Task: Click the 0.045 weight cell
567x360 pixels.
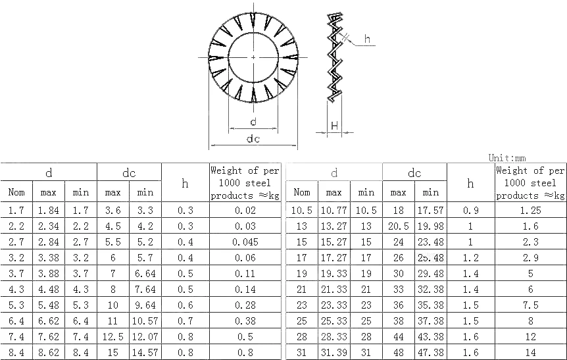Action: pos(245,242)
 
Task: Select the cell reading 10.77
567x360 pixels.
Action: pos(333,210)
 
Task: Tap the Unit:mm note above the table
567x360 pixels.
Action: pos(507,158)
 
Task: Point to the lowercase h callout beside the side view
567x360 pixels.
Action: pos(367,39)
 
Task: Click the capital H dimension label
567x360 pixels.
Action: pos(335,126)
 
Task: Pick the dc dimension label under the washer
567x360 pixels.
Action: pos(253,139)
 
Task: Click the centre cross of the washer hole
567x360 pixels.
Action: pos(253,57)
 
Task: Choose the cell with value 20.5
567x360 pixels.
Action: pos(399,226)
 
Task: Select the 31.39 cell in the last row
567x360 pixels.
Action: pos(333,352)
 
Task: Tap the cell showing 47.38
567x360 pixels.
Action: pos(431,352)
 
